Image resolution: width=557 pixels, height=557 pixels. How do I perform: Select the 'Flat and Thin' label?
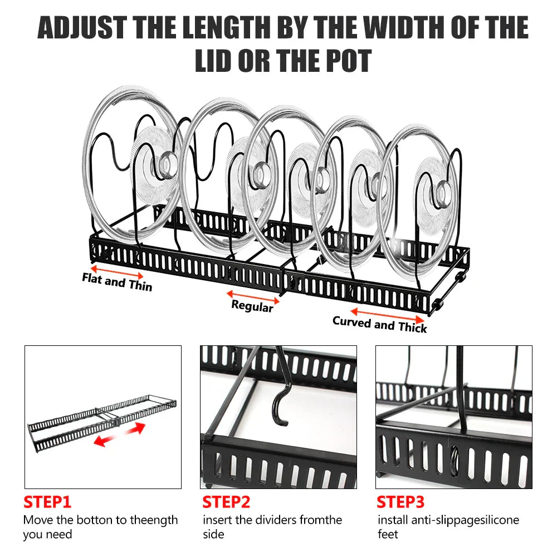(x=117, y=282)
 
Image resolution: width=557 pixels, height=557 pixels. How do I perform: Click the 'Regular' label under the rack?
(x=252, y=306)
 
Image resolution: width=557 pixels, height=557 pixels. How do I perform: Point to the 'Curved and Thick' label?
(x=380, y=324)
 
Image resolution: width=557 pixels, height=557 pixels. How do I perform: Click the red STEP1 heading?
(x=47, y=502)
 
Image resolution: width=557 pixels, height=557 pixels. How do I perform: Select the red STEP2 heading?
(x=226, y=502)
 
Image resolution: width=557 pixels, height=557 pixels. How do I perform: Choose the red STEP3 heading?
(x=400, y=502)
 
